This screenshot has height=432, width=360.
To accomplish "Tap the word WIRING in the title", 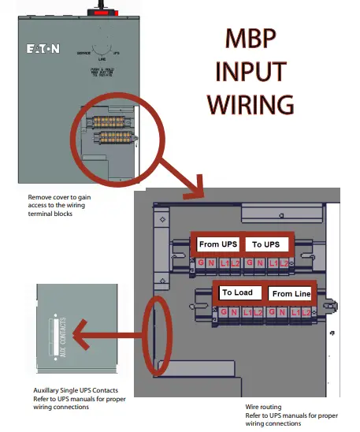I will tap(250, 104).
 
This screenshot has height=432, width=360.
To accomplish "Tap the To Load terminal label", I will tap(237, 292).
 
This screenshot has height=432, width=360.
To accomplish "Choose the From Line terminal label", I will tap(291, 293).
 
